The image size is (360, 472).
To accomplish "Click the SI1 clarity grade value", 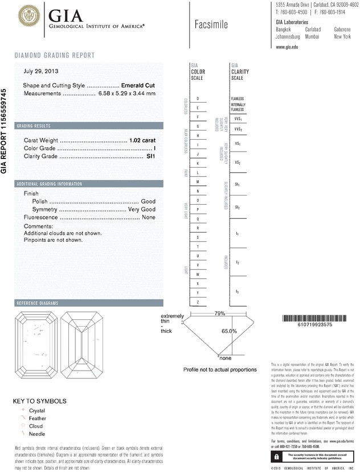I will (x=150, y=156).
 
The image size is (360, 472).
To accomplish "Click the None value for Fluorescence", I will (x=149, y=218).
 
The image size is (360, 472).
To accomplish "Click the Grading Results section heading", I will (x=34, y=125).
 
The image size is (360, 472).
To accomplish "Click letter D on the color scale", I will (x=198, y=99).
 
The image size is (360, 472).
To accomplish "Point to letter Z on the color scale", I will (x=198, y=302).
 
